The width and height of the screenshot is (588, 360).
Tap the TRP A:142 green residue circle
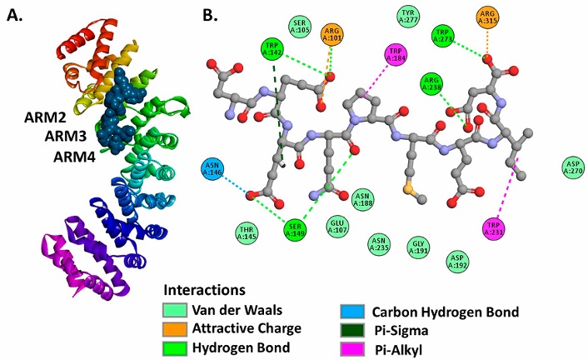click(x=272, y=48)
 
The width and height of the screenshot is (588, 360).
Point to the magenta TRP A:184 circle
click(x=395, y=54)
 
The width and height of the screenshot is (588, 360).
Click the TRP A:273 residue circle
click(x=443, y=35)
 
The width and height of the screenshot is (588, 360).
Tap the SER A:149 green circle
click(x=293, y=229)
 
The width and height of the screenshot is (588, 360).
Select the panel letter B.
click(x=212, y=15)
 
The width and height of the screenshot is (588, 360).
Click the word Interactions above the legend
click(x=203, y=291)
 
